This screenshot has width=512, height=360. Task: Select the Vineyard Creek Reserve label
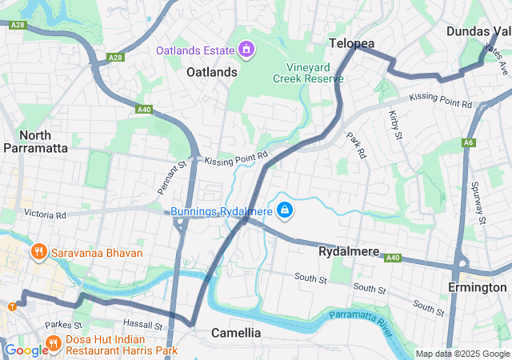point(308,73)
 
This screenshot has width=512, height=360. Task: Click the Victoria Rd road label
point(45,214)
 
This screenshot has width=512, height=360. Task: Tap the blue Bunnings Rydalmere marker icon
point(284,211)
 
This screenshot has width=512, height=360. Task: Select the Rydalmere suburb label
point(349,251)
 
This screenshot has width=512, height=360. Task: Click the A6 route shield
point(469,143)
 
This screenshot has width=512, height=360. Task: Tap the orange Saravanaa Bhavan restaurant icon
point(38,253)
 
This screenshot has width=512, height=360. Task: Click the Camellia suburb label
point(236,332)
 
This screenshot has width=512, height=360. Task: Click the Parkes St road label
point(64,326)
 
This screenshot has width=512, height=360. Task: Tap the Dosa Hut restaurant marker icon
point(54,344)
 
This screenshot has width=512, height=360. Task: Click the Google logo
point(26,350)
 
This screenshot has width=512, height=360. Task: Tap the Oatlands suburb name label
point(212,72)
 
